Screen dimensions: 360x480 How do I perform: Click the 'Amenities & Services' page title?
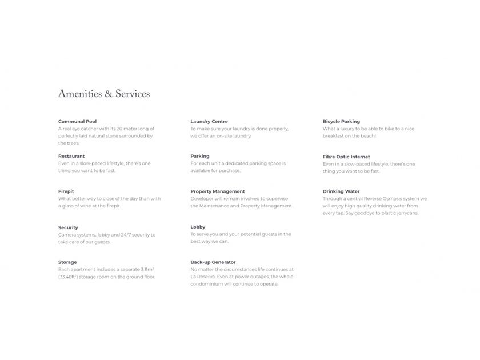[x=104, y=94]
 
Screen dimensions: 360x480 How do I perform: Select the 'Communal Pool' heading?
[x=77, y=122]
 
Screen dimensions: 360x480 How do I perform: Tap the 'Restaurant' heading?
[x=71, y=156]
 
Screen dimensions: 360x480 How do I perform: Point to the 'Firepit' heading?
[x=66, y=191]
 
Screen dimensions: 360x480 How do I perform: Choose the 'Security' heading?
[x=68, y=227]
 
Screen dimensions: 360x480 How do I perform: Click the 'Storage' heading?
[x=67, y=262]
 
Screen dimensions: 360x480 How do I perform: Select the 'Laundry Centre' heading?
[x=209, y=122]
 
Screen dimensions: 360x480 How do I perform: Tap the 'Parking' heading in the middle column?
[x=200, y=156]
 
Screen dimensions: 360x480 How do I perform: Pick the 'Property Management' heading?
[x=218, y=191]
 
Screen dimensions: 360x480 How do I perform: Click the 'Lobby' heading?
[x=198, y=227]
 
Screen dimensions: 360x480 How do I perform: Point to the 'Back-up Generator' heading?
[x=213, y=262]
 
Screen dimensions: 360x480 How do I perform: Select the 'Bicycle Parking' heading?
[x=341, y=122]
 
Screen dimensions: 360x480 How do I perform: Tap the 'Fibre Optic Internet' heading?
[x=346, y=157]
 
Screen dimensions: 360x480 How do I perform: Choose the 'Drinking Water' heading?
[x=341, y=191]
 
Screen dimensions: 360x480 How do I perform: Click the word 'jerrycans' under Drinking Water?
[x=407, y=213]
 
